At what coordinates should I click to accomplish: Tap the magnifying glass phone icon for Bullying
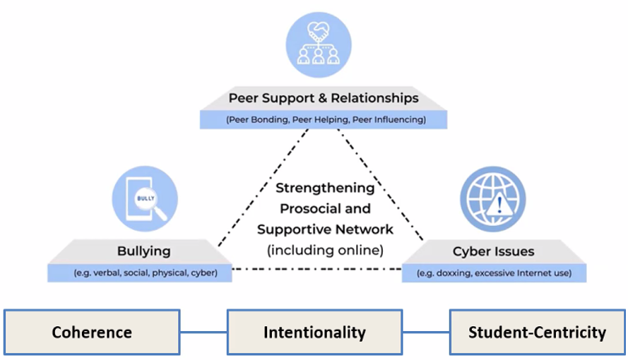pyautogui.click(x=145, y=199)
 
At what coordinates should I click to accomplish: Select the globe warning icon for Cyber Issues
pyautogui.click(x=492, y=199)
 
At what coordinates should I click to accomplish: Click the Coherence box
pyautogui.click(x=92, y=332)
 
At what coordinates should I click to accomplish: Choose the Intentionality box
pyautogui.click(x=314, y=332)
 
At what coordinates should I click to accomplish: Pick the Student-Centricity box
pyautogui.click(x=537, y=332)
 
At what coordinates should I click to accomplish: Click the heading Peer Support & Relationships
pyautogui.click(x=324, y=97)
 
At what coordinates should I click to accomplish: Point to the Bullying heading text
pyautogui.click(x=144, y=251)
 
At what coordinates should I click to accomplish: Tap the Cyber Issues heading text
pyautogui.click(x=493, y=251)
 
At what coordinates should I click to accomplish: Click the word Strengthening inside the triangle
pyautogui.click(x=325, y=188)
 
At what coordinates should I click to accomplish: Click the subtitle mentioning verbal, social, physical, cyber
pyautogui.click(x=145, y=272)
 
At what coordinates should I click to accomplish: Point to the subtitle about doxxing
pyautogui.click(x=494, y=272)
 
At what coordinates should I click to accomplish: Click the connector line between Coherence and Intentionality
pyautogui.click(x=203, y=332)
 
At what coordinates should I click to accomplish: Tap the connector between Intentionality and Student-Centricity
pyautogui.click(x=426, y=332)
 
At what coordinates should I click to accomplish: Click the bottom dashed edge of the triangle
pyautogui.click(x=318, y=269)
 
